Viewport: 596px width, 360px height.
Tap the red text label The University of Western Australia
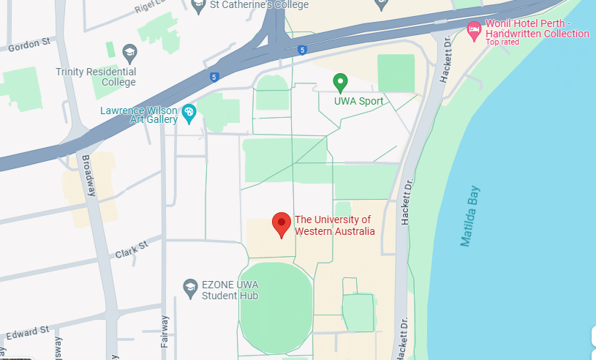334,225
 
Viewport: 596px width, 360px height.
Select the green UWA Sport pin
340,83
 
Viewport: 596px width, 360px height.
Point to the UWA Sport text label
359,101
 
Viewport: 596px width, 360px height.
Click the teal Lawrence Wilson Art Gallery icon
189,112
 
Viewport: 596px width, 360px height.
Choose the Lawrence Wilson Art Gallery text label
140,116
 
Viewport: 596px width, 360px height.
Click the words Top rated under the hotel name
503,42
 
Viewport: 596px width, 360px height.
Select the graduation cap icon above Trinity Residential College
129,52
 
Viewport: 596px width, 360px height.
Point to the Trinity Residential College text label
96,77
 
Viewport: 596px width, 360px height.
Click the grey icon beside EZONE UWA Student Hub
190,285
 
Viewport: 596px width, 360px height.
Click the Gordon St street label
29,45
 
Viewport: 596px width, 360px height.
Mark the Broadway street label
90,176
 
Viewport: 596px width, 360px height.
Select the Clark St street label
132,250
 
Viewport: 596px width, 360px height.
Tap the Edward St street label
29,333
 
